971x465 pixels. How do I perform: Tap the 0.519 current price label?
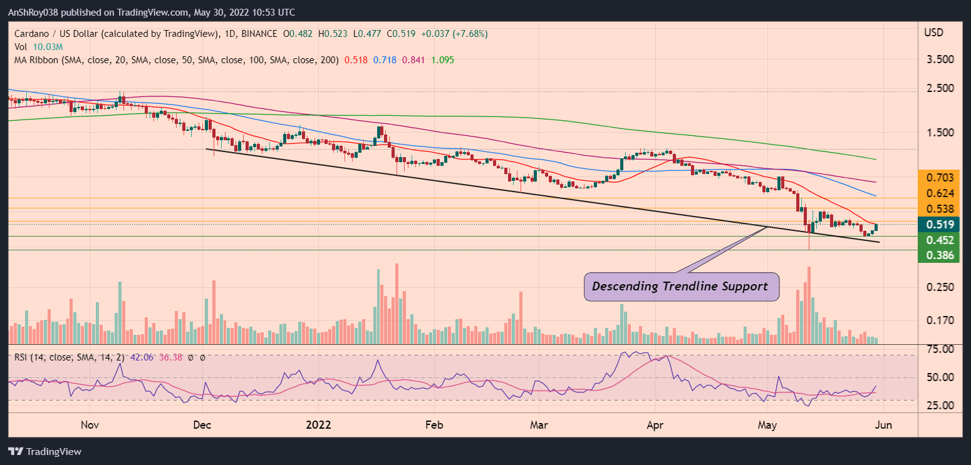coord(939,225)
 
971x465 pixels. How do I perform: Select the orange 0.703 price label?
coord(939,178)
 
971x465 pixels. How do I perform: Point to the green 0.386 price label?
coord(939,255)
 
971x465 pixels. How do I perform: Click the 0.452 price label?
coord(939,240)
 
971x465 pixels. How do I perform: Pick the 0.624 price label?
coord(939,193)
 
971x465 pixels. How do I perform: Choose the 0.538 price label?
coord(939,209)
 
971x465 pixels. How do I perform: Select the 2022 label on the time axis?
coord(318,426)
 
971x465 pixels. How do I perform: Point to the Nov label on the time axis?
coord(90,426)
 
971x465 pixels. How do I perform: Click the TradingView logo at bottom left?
coord(44,451)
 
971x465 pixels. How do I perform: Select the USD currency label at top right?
coord(935,32)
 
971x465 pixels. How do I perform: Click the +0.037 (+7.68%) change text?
coord(455,33)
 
